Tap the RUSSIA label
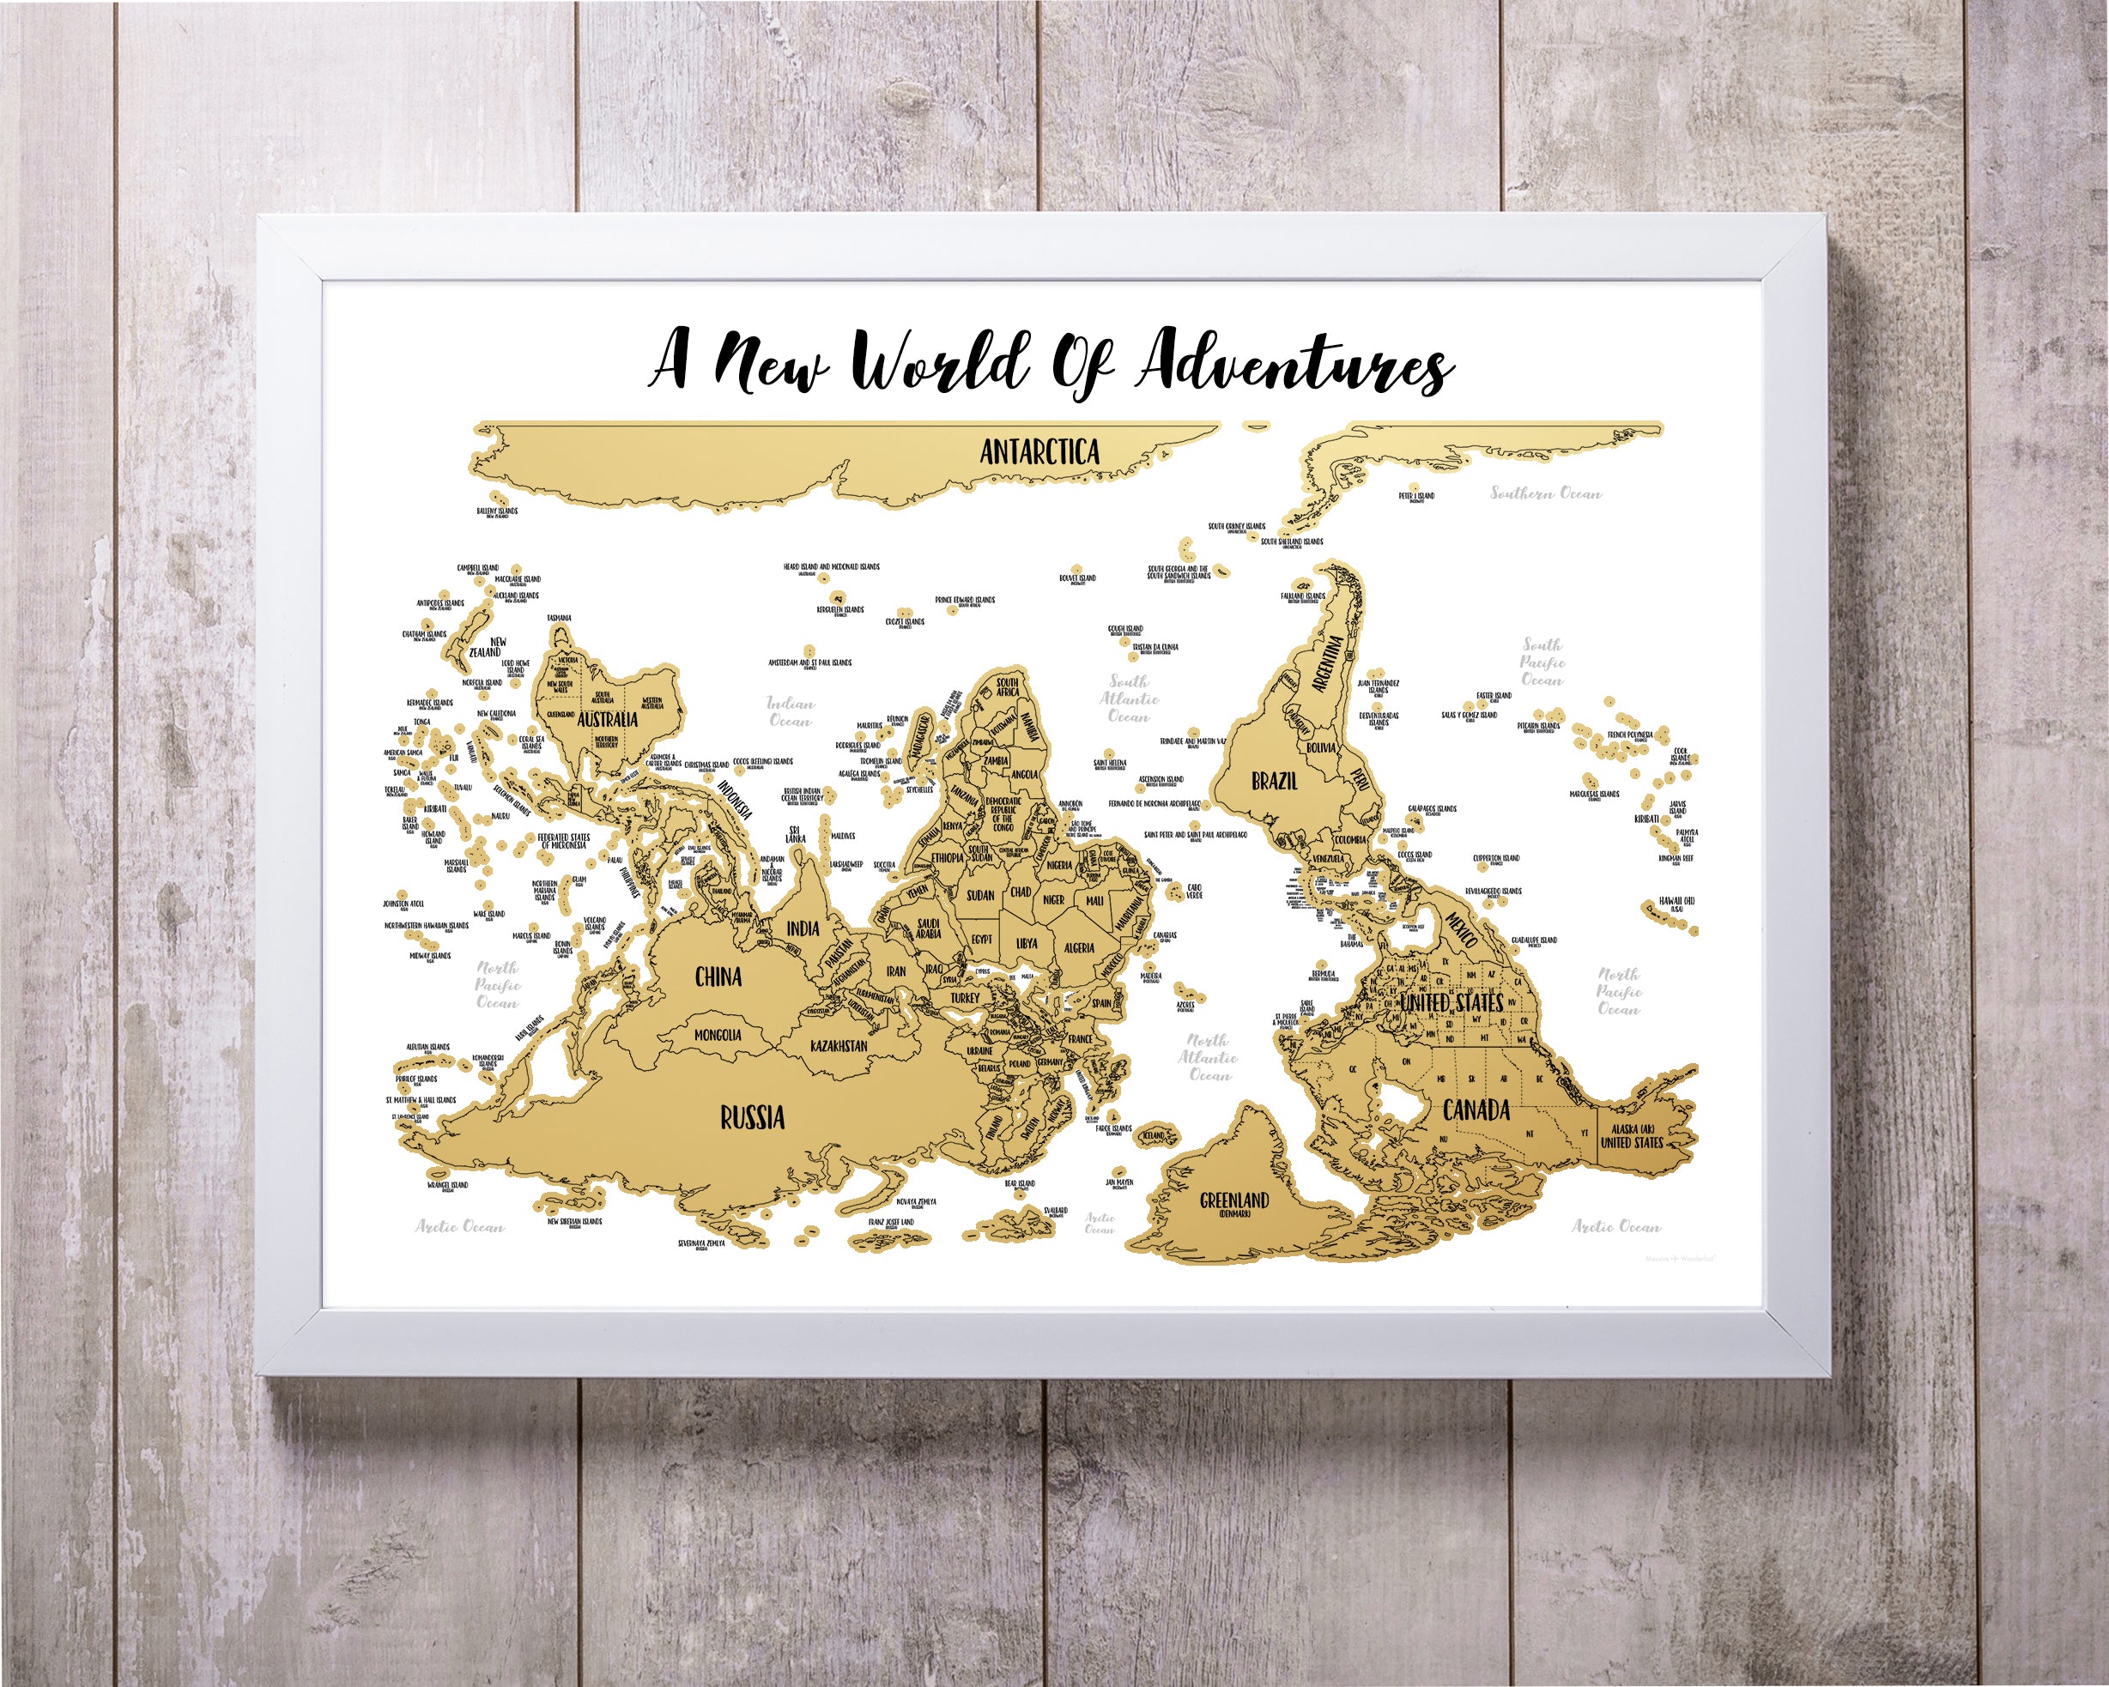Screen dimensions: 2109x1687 pyautogui.click(x=752, y=1117)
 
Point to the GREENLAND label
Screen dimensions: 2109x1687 pyautogui.click(x=1233, y=1202)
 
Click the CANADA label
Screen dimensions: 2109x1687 pyautogui.click(x=1476, y=1110)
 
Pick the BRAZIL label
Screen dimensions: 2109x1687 pyautogui.click(x=1275, y=780)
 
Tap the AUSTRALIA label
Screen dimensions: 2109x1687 pyautogui.click(x=608, y=720)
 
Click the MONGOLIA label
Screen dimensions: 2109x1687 pyautogui.click(x=717, y=1035)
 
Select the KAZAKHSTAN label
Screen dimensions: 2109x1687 pyautogui.click(x=839, y=1045)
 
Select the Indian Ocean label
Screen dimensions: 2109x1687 pyautogui.click(x=790, y=711)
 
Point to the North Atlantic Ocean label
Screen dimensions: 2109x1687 pyautogui.click(x=1208, y=1057)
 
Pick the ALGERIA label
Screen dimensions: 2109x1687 pyautogui.click(x=1078, y=947)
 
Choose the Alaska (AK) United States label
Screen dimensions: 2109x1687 pyautogui.click(x=1632, y=1135)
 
